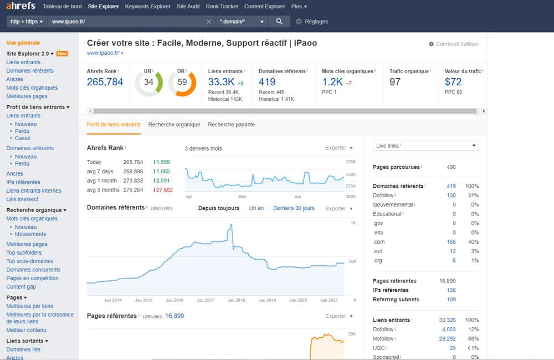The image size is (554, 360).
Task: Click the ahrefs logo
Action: tap(20, 6)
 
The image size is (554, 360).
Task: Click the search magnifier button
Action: tap(279, 22)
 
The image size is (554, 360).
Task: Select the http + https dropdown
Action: tap(27, 22)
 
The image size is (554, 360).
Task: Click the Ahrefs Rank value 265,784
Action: tap(105, 82)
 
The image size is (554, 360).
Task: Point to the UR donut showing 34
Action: tap(148, 83)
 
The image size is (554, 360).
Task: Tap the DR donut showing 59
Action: tap(182, 83)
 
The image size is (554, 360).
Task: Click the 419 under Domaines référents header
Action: tap(268, 82)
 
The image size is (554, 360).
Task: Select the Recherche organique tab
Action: tap(174, 125)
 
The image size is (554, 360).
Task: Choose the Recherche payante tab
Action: tap(231, 125)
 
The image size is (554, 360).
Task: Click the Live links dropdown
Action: tap(425, 146)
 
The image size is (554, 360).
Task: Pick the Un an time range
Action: tap(257, 208)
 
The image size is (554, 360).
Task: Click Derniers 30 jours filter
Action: tap(294, 208)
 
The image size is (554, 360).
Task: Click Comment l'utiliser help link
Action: tap(457, 44)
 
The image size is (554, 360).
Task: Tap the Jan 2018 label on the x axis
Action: tap(237, 300)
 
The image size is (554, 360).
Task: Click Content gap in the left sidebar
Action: tap(21, 287)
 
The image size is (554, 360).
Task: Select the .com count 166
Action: tap(451, 242)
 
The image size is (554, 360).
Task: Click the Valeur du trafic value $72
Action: tap(453, 82)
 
